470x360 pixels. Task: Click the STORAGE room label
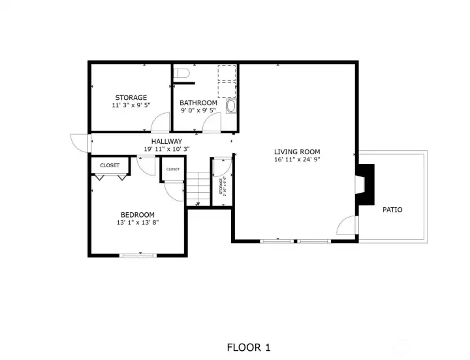click(131, 98)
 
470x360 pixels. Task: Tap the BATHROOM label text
click(198, 103)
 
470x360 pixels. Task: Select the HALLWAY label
click(166, 141)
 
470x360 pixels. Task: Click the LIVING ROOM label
click(297, 152)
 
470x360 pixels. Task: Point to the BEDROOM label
click(137, 215)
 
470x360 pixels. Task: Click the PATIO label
click(392, 210)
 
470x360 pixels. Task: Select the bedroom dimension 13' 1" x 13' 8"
click(137, 223)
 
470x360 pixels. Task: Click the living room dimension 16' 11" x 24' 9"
click(297, 159)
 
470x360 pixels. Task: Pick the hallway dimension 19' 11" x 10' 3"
click(166, 149)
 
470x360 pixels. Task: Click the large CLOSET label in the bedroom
click(110, 166)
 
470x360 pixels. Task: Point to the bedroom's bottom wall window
click(138, 255)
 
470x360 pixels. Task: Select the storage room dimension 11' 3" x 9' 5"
click(131, 105)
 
